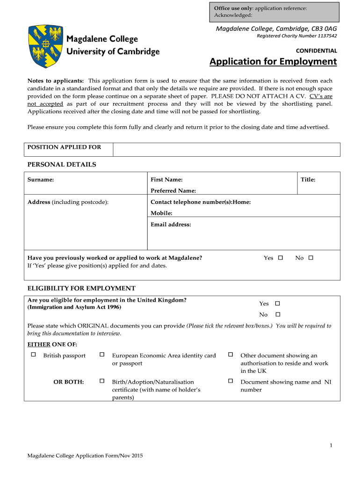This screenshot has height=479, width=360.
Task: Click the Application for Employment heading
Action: pos(273,62)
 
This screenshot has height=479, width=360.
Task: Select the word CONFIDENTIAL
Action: pos(317,51)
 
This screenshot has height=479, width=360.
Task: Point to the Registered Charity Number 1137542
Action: pos(297,36)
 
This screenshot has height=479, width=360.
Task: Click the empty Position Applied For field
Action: pos(226,150)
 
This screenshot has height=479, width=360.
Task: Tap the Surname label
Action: pos(41,180)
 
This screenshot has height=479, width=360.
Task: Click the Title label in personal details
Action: pos(308,180)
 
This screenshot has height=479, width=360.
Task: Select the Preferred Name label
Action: pos(173,191)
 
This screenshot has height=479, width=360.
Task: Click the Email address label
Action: pos(171,225)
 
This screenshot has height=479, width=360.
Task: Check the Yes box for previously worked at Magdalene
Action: pos(281,258)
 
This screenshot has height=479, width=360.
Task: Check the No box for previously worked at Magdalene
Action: pos(311,258)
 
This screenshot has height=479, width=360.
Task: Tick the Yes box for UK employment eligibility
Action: pos(277,303)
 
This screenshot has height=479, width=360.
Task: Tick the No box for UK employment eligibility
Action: pos(277,314)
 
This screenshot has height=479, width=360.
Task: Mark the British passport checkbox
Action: pos(33,355)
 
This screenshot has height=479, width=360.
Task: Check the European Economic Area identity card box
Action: pos(101,355)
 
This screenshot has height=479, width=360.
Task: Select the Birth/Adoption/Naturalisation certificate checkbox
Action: pos(101,381)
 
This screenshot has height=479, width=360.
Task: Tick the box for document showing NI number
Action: pos(230,381)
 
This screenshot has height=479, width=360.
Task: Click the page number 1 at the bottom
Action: pos(331,445)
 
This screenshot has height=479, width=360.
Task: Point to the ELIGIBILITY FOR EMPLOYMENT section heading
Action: pos(81,288)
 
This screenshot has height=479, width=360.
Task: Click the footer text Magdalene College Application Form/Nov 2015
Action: pos(85,456)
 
